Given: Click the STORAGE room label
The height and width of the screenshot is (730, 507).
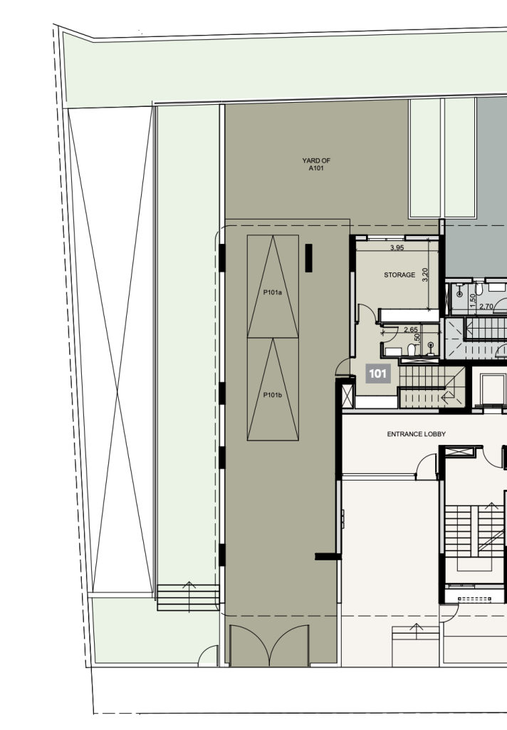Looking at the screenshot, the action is tap(399, 275).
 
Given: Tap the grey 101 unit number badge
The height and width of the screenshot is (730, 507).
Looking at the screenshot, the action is tap(377, 374).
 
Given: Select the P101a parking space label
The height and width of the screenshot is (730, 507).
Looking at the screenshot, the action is tap(273, 293).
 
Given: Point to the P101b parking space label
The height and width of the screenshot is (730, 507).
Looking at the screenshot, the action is tap(273, 395).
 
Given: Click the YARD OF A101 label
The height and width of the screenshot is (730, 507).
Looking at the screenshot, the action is tap(316, 165).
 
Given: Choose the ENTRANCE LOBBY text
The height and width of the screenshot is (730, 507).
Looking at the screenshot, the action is tap(417, 434).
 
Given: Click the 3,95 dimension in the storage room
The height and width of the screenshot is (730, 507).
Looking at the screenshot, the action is tap(397, 247).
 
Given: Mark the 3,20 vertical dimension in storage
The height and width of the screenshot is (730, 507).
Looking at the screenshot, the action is tap(424, 274).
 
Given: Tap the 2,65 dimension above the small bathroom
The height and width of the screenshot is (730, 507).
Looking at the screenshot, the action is tap(411, 329).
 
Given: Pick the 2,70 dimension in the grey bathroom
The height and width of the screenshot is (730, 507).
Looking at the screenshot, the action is tap(486, 307).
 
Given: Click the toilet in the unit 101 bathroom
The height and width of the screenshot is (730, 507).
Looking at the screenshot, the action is tap(411, 349).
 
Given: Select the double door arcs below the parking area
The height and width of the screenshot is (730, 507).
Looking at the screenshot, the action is tap(269, 645).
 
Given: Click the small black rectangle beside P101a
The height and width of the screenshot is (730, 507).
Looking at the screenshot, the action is tap(308, 258).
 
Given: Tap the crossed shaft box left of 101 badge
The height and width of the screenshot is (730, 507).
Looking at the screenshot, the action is tap(347, 395).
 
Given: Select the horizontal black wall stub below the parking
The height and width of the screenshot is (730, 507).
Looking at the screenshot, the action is tap(328, 556).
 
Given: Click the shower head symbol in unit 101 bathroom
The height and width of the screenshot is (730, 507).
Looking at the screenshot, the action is tap(432, 347).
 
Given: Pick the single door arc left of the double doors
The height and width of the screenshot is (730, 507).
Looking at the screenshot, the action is tap(208, 656).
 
